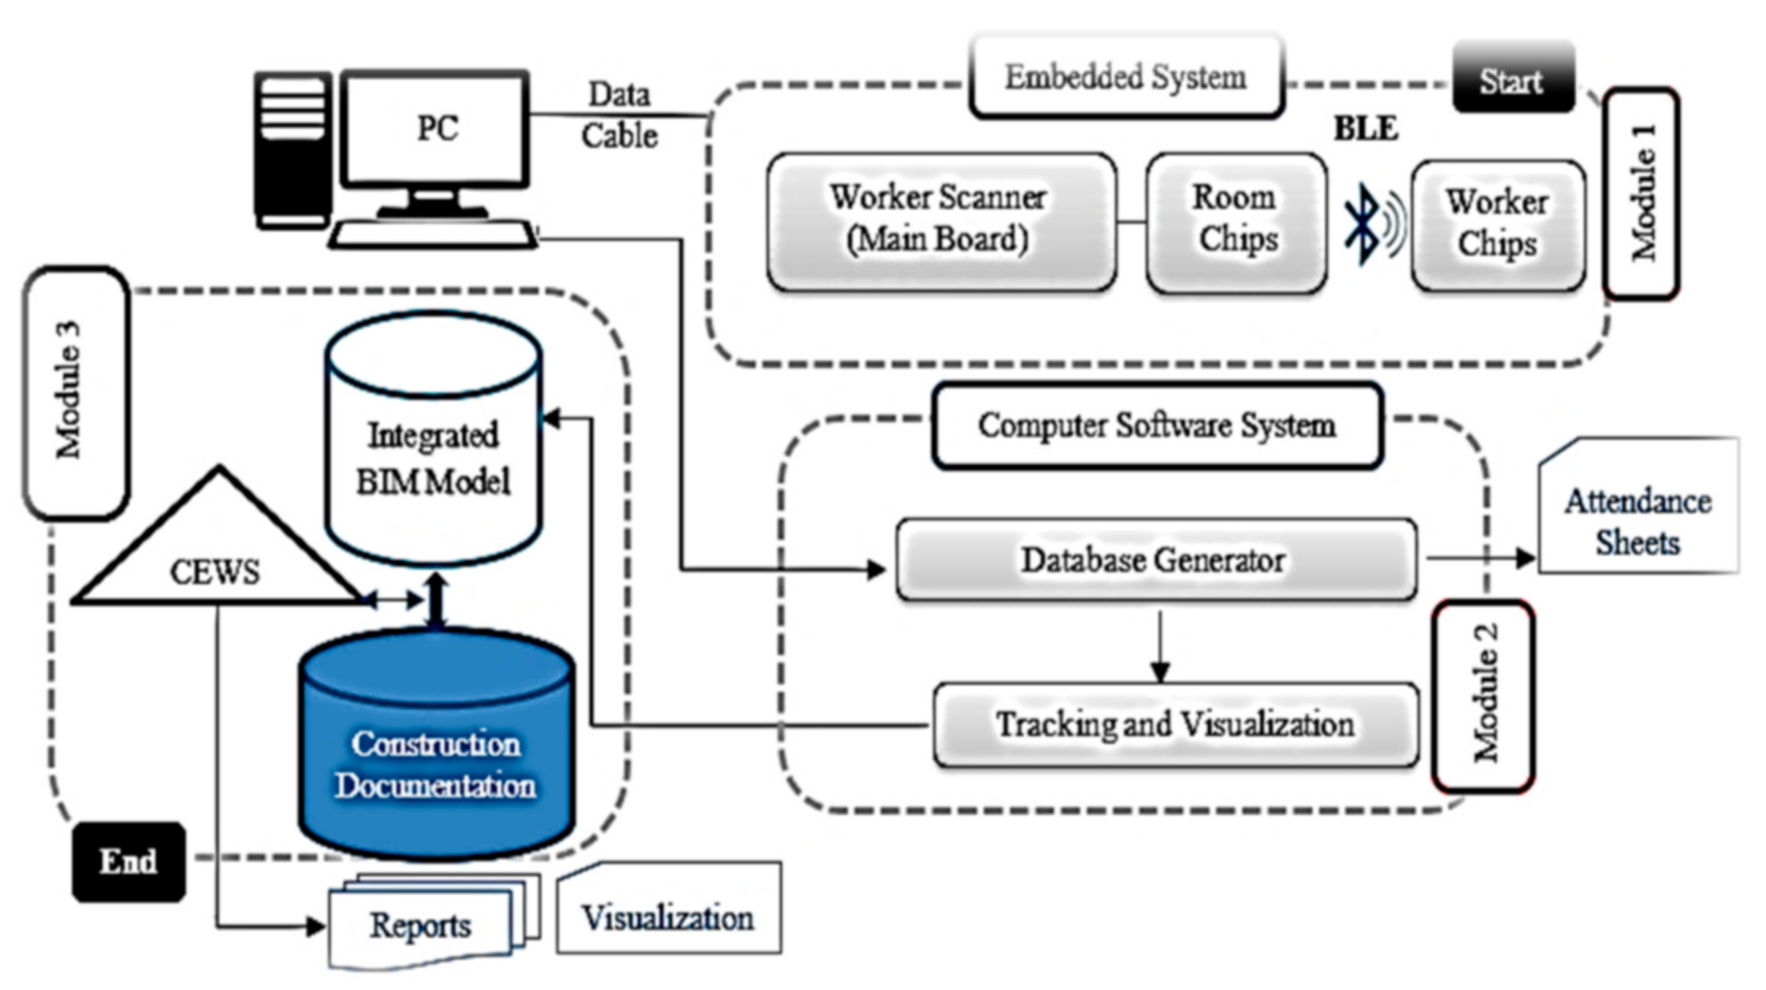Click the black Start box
coord(1513,79)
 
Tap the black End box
coord(129,862)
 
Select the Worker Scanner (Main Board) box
coord(941,220)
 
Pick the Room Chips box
coord(1236,220)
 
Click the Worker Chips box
coord(1498,223)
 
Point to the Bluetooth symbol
coord(1363,223)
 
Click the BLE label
coord(1366,129)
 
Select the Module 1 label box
coord(1641,193)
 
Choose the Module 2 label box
coord(1483,696)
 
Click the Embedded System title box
coord(1125,77)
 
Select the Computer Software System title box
coord(1157,426)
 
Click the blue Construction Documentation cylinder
coord(436,752)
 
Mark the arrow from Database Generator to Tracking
coord(1160,645)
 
